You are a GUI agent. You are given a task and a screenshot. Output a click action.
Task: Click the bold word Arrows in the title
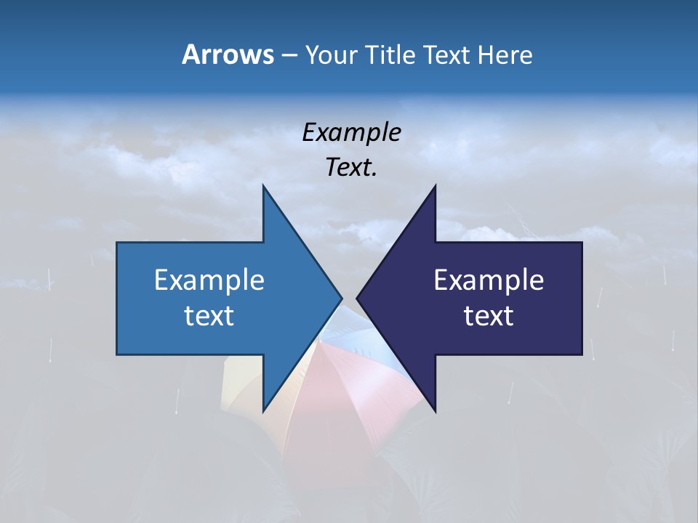tap(228, 54)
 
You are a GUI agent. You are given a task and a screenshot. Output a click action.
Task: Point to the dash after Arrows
tap(289, 55)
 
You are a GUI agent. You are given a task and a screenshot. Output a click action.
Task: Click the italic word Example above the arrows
tap(352, 132)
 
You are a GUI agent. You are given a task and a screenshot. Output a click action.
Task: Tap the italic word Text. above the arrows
tap(352, 167)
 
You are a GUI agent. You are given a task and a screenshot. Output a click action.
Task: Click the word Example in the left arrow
tap(209, 280)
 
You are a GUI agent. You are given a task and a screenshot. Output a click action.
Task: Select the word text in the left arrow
tap(209, 315)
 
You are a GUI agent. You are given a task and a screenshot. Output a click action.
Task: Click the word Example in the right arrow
tap(489, 280)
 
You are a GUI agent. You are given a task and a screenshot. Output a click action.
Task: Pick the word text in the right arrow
tap(489, 315)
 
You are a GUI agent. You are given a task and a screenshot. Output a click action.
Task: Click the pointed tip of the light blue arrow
tap(341, 298)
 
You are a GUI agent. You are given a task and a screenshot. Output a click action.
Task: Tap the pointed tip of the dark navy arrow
tap(358, 298)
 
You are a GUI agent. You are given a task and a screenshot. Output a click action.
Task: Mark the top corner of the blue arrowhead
tap(263, 186)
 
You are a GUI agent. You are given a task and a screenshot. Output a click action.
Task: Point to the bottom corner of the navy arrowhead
tap(436, 411)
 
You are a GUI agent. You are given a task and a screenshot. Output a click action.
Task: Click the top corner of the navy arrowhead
tap(436, 186)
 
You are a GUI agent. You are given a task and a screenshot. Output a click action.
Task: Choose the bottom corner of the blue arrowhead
tap(263, 411)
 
